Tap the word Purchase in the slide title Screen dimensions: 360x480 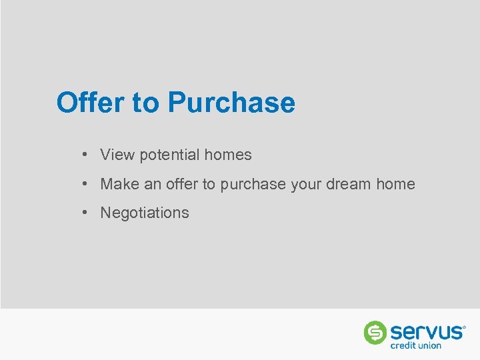[231, 103]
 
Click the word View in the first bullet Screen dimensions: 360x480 [117, 155]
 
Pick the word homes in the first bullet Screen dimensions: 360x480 [228, 155]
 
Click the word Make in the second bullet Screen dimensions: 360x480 [120, 184]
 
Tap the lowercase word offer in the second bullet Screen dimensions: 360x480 [182, 184]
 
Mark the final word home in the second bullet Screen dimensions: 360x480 [395, 184]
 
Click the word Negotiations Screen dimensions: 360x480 [145, 213]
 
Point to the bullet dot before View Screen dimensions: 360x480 [86, 155]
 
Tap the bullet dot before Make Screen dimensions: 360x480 [86, 183]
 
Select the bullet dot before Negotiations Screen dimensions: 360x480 [86, 212]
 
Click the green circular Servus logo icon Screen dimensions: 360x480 [375, 332]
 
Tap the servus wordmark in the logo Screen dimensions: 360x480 [426, 331]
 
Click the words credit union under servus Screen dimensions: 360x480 [416, 345]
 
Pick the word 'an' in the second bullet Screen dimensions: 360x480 [153, 185]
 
